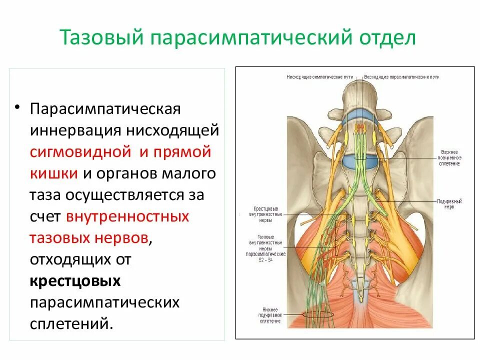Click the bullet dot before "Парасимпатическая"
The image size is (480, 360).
coord(18,107)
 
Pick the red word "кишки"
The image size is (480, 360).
coord(53,173)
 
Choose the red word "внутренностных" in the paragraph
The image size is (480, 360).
coord(127,216)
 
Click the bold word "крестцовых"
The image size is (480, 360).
coord(75,281)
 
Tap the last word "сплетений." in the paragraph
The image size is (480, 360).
coord(69,324)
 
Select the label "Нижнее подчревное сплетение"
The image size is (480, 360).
coord(268,315)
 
